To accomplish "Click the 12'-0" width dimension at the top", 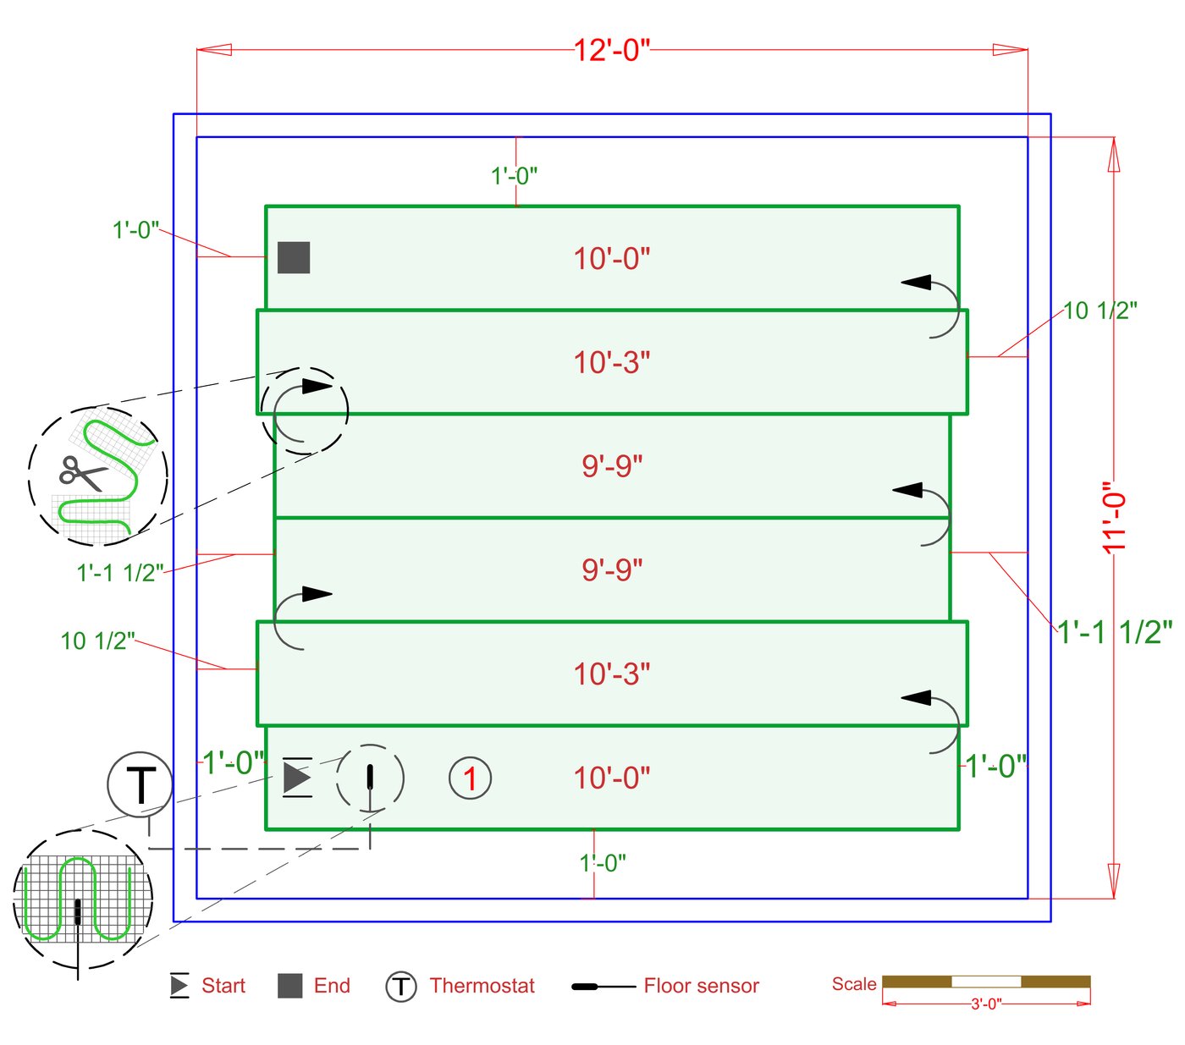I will [612, 51].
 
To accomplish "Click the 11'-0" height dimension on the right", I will [1115, 517].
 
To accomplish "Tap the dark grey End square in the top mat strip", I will [294, 257].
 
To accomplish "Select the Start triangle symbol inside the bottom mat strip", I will [296, 777].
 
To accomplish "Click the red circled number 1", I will [470, 778].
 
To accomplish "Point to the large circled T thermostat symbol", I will [140, 784].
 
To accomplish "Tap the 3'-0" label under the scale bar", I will [985, 1004].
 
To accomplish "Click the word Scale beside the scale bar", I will [853, 984].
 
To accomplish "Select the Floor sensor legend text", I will [701, 986].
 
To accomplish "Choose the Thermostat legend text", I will [482, 986].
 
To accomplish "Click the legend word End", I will [332, 986].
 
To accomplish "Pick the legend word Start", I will [223, 986].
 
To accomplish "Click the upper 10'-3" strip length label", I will [612, 362].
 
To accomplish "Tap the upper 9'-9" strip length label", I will [612, 465].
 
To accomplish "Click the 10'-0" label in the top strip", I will [612, 258].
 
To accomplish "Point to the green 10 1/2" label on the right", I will [1100, 311].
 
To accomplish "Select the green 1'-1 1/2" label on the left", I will [120, 573].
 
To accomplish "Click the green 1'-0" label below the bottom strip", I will [603, 863].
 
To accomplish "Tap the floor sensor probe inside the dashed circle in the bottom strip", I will [370, 777].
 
